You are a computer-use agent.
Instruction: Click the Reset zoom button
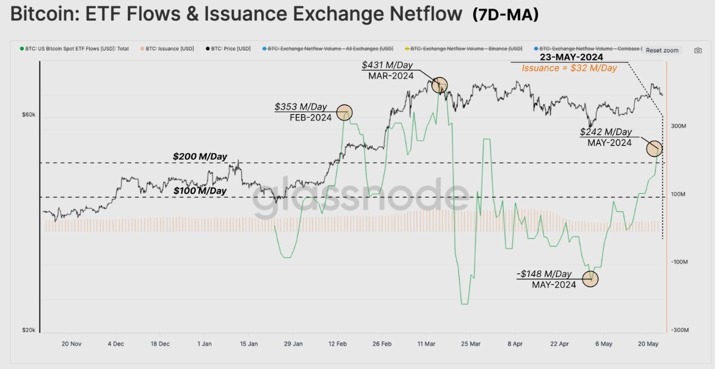(x=662, y=50)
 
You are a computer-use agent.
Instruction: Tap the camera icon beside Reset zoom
(x=698, y=50)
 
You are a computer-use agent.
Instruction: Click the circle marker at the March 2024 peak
(x=440, y=85)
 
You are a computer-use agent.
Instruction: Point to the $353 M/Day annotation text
(x=301, y=107)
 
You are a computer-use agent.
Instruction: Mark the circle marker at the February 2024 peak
(x=345, y=112)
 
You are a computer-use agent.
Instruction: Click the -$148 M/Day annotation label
(x=544, y=274)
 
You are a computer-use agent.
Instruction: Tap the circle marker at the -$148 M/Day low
(x=590, y=279)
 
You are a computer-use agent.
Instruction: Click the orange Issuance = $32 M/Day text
(x=569, y=68)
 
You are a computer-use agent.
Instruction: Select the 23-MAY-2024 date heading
(x=571, y=57)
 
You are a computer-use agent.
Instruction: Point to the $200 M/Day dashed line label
(x=200, y=157)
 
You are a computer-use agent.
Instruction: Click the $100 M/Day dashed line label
(x=200, y=191)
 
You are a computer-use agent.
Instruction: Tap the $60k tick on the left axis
(x=29, y=115)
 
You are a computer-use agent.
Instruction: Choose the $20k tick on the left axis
(x=29, y=330)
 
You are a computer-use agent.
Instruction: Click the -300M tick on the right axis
(x=679, y=330)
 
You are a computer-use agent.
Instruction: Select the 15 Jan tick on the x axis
(x=249, y=344)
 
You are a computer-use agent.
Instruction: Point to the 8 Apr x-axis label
(x=516, y=344)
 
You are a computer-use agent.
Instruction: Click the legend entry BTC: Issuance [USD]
(x=167, y=49)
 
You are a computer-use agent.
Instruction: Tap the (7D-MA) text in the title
(x=506, y=15)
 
